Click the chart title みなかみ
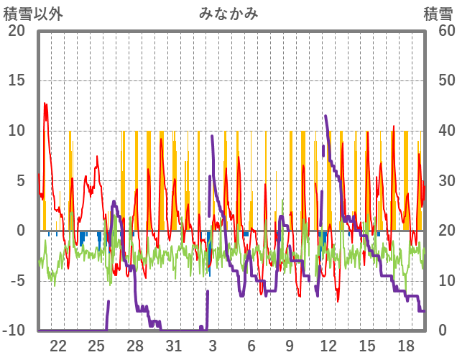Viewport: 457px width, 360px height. click(229, 14)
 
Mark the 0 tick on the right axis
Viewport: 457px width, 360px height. click(441, 331)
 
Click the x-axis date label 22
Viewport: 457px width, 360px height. click(58, 346)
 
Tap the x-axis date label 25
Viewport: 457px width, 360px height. click(97, 346)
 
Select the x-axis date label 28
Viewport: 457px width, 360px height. click(136, 346)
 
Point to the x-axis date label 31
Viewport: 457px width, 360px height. click(174, 346)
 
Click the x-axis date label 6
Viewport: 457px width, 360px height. click(251, 346)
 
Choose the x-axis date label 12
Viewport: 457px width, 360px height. click(328, 346)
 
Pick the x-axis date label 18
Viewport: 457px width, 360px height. click(406, 346)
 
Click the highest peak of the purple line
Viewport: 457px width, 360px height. click(326, 116)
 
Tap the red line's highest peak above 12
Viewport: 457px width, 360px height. click(45, 103)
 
